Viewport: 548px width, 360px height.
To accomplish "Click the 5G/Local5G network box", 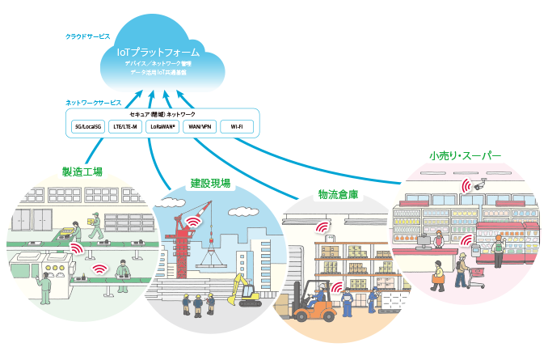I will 86,127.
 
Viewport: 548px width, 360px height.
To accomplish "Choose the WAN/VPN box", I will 199,127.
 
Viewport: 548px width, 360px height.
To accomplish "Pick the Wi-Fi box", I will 236,127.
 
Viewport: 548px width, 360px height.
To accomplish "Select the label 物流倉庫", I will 338,195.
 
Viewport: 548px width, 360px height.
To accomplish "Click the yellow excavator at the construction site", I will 244,292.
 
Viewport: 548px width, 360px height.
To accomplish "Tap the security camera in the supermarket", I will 479,186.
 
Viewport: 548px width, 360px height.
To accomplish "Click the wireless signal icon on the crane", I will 193,221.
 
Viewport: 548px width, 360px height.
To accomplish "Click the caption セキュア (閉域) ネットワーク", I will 162,115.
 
